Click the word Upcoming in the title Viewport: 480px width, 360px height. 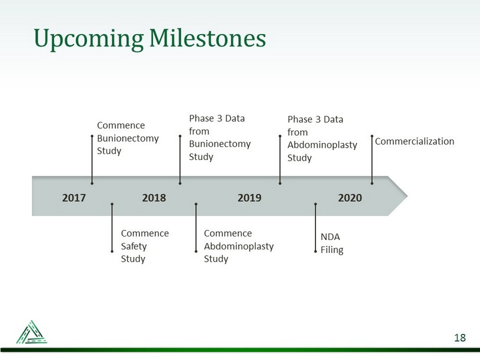[x=88, y=39]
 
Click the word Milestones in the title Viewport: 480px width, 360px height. [x=208, y=38]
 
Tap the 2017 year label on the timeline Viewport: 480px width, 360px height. [x=74, y=198]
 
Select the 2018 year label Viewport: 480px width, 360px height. [x=154, y=198]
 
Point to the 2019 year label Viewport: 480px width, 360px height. [x=249, y=198]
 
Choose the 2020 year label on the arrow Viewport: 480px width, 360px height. [x=350, y=198]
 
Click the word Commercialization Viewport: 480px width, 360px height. [x=415, y=141]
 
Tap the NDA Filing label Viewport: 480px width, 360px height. [x=332, y=244]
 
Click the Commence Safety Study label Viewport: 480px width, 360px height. [x=145, y=246]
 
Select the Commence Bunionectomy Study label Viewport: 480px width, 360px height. [x=128, y=138]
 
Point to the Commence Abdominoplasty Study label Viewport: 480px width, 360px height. [x=239, y=246]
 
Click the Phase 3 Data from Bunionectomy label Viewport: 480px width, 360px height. [x=220, y=138]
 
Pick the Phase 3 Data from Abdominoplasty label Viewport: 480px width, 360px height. [x=322, y=138]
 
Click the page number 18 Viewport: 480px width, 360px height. [x=460, y=338]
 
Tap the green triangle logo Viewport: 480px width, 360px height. [x=32, y=332]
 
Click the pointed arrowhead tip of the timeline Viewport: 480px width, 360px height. [x=408, y=196]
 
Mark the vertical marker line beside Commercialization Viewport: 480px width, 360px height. [x=372, y=159]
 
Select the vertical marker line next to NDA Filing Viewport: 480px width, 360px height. [x=315, y=228]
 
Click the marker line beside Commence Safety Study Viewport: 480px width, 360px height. [x=112, y=228]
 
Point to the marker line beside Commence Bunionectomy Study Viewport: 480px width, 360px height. [x=92, y=159]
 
